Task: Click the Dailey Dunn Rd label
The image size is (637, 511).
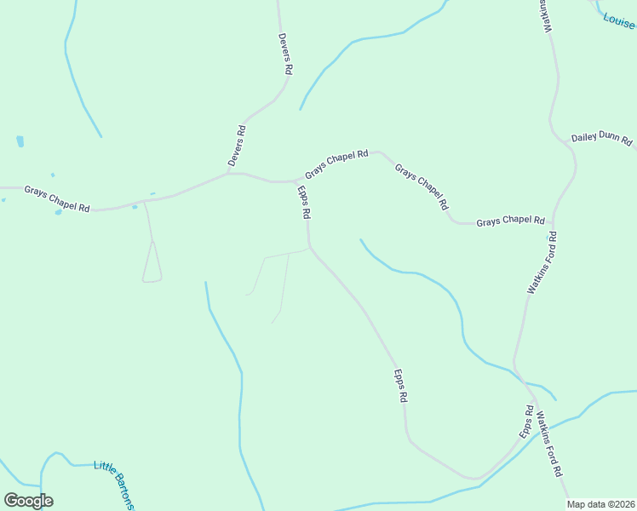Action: pyautogui.click(x=602, y=138)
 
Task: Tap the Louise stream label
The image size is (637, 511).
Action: pyautogui.click(x=620, y=20)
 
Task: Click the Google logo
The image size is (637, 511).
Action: pyautogui.click(x=28, y=501)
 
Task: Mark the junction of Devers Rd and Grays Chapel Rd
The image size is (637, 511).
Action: pyautogui.click(x=230, y=172)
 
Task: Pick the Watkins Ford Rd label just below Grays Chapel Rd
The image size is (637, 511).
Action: pyautogui.click(x=541, y=263)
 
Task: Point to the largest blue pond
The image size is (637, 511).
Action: pyautogui.click(x=20, y=141)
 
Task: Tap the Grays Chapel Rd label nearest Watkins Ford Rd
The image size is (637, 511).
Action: pyautogui.click(x=510, y=221)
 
